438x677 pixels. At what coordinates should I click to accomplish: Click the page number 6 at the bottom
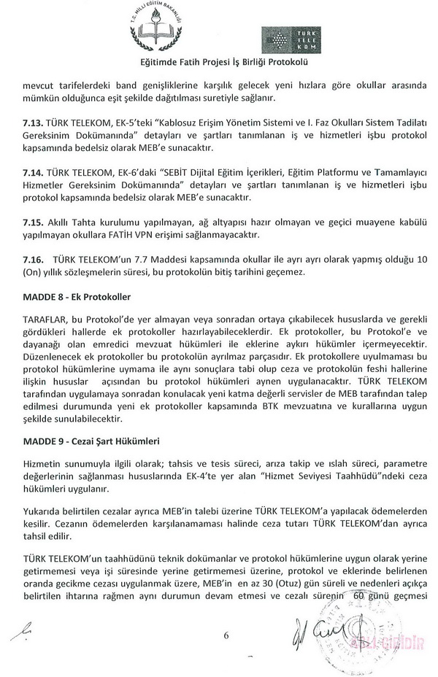[x=226, y=635]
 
